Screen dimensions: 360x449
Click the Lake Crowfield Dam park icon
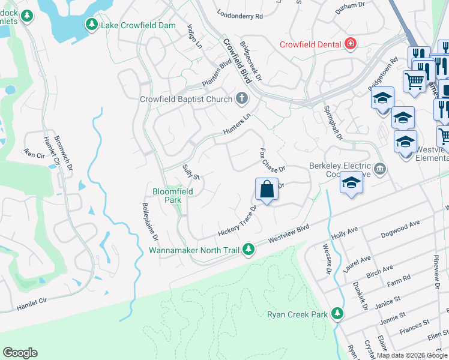pos(92,25)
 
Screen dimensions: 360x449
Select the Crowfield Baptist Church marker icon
pos(242,98)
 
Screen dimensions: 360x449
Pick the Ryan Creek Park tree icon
pos(337,313)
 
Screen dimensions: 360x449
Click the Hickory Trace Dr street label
pos(237,221)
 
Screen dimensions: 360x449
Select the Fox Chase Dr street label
pos(272,160)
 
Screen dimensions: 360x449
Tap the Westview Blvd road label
pos(288,233)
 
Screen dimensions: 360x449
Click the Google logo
pos(20,353)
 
